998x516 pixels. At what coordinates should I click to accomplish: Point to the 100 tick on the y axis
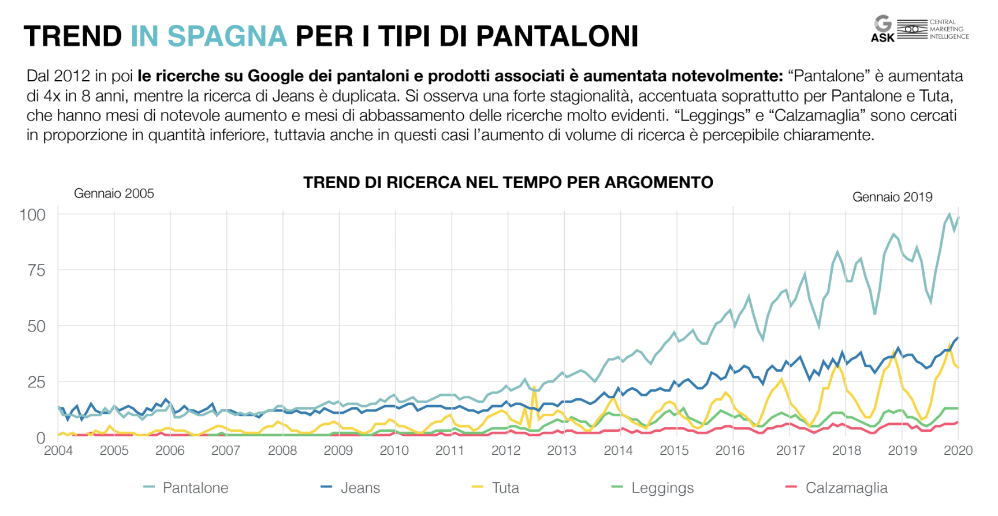[x=32, y=215]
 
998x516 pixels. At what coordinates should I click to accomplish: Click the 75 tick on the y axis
[x=36, y=270]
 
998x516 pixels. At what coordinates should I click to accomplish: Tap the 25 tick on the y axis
[x=36, y=382]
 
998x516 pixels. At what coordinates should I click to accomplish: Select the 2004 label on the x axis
[x=58, y=450]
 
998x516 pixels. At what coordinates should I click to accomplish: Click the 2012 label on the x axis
[x=506, y=450]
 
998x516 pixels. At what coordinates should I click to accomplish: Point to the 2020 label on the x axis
[x=958, y=450]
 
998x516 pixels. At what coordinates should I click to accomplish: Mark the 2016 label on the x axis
[x=730, y=450]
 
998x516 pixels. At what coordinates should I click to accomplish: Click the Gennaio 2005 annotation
[x=114, y=193]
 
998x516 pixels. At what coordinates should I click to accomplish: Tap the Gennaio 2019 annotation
[x=892, y=197]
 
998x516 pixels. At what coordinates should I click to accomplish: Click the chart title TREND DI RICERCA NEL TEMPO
[x=508, y=182]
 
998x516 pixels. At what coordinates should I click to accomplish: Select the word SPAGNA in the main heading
[x=227, y=36]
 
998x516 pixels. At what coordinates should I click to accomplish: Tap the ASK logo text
[x=882, y=38]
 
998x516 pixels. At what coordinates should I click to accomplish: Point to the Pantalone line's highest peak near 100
[x=949, y=214]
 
